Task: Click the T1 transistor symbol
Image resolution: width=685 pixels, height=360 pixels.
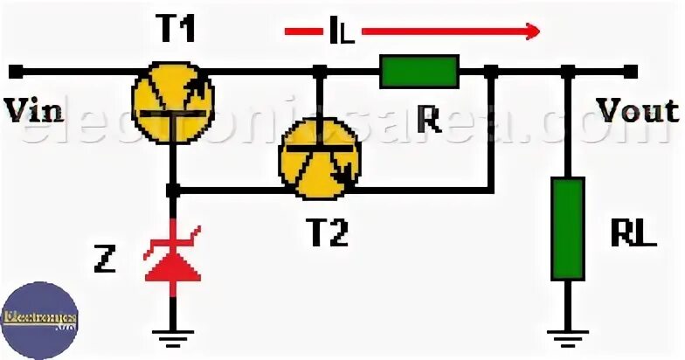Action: (172, 98)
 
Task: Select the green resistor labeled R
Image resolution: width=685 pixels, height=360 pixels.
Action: (419, 71)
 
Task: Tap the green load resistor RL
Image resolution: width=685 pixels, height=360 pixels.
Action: (568, 228)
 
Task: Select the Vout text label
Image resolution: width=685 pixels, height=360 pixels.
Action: (638, 110)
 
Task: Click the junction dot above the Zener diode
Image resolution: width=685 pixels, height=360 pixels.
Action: (172, 189)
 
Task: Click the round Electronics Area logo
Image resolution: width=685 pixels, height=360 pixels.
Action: (39, 319)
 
